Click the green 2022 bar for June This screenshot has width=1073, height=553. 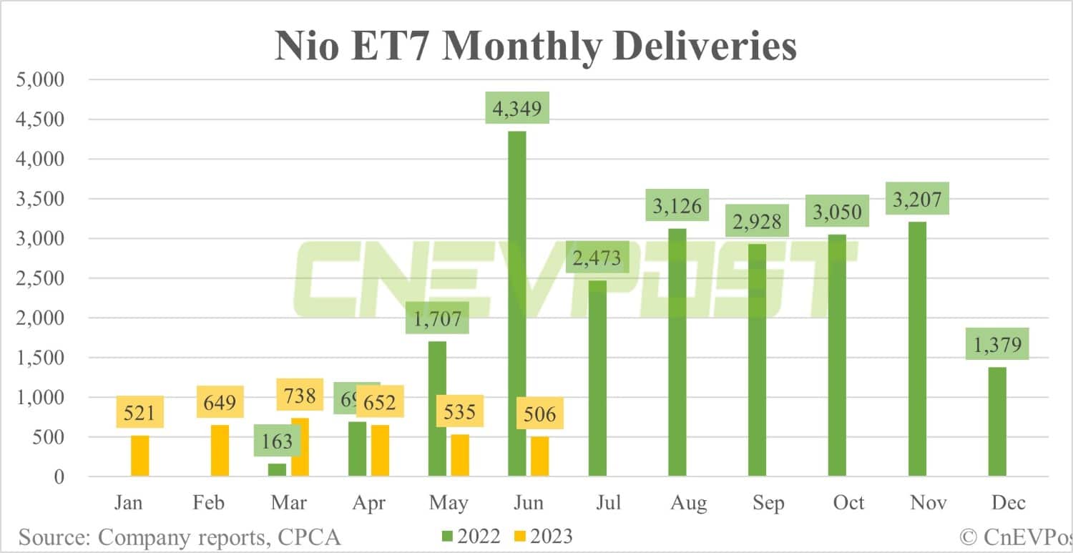[516, 304]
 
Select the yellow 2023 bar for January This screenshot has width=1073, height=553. [139, 456]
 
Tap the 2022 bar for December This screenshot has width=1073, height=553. [997, 421]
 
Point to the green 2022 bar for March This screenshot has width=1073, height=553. [277, 470]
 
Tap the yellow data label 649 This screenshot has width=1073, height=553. [220, 403]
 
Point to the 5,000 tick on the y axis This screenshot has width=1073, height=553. [40, 79]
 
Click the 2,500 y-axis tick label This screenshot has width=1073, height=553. [40, 278]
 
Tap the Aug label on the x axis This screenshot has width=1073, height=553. [687, 502]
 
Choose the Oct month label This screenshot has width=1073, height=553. [848, 502]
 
